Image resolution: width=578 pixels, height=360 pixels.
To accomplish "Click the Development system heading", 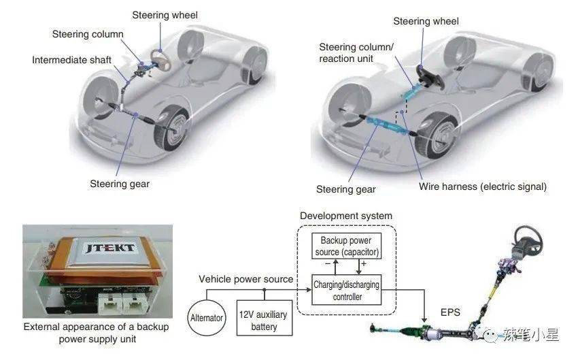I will point(346,216).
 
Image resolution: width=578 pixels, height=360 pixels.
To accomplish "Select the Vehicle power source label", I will point(246,279).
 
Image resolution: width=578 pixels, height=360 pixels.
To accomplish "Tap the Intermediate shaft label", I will point(71,61).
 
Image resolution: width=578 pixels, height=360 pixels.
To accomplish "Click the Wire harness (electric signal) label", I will point(482,186).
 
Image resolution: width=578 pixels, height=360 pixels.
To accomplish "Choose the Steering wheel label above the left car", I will point(165,15).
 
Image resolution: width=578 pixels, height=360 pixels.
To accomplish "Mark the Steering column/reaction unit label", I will point(357,52).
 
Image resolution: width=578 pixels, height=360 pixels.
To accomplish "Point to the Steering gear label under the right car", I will point(346,189).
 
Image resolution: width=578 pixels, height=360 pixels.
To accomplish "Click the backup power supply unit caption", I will point(96,333).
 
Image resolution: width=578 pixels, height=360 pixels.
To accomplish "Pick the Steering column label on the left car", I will point(88,34).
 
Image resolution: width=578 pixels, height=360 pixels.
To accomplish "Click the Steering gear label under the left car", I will point(120,184).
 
